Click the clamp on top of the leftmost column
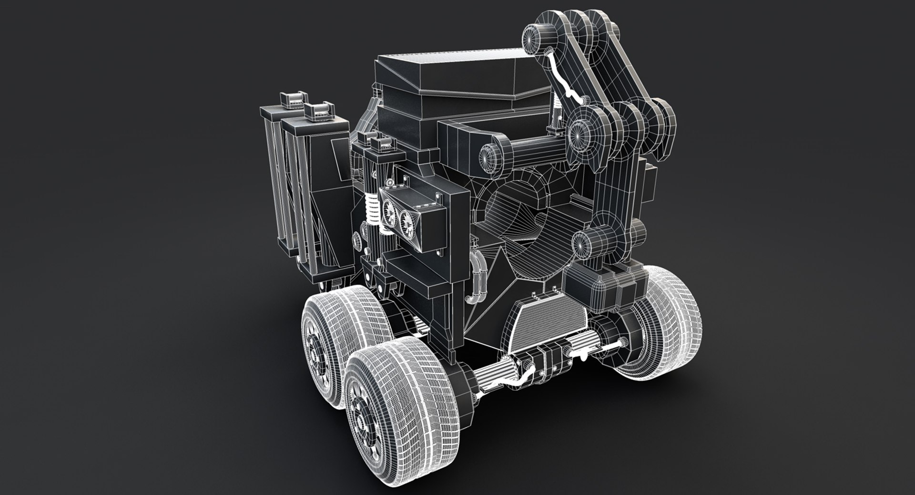pyautogui.click(x=290, y=99)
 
